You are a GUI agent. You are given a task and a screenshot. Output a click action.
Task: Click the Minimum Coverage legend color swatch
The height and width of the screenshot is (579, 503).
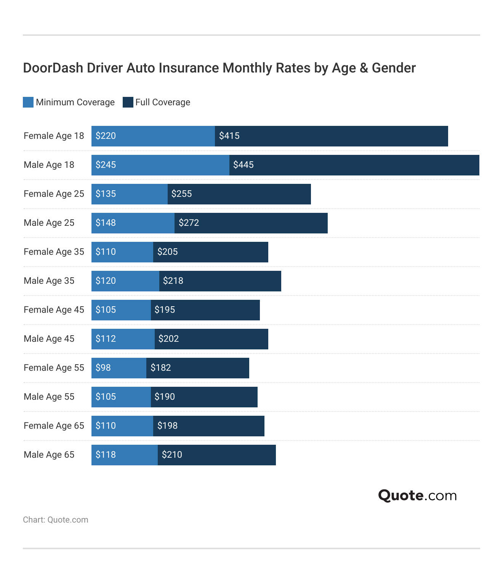(x=28, y=102)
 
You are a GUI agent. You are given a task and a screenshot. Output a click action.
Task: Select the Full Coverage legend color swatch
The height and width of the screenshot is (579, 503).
(x=128, y=102)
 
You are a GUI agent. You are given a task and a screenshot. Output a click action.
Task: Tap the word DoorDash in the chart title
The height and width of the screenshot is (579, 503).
(x=53, y=68)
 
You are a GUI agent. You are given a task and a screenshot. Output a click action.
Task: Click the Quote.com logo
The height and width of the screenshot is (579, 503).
(x=417, y=495)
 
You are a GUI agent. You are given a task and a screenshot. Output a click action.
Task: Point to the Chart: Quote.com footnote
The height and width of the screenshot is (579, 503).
(x=56, y=520)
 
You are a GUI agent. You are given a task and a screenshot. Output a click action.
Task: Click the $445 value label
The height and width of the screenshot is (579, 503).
(x=243, y=165)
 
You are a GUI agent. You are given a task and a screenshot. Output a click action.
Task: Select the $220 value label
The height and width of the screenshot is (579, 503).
(x=106, y=136)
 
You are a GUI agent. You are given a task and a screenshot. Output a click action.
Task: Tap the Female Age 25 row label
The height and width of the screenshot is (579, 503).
(x=54, y=194)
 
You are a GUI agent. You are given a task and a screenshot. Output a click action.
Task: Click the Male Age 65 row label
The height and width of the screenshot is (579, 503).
(x=49, y=455)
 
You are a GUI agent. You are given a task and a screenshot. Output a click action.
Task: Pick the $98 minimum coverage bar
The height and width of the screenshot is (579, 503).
(x=119, y=368)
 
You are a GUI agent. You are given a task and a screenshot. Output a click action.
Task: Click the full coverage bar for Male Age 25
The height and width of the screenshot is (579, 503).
(x=251, y=223)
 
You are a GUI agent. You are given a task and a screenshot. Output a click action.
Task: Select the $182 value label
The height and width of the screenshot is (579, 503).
(x=161, y=368)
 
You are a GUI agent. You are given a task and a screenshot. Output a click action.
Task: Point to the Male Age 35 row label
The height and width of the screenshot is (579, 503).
(x=49, y=281)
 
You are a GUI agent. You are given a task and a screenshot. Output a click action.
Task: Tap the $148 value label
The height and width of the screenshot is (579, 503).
(x=106, y=223)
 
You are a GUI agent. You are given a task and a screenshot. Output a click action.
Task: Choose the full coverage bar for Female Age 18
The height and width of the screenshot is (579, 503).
(x=332, y=136)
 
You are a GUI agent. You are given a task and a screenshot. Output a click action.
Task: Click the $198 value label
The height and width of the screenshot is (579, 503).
(x=168, y=426)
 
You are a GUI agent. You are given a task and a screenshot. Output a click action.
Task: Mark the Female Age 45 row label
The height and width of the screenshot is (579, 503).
(x=54, y=310)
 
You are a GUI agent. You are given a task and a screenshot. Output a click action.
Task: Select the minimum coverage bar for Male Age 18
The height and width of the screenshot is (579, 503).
(x=160, y=165)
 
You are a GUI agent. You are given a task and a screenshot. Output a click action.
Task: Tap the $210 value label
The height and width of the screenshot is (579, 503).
(x=172, y=455)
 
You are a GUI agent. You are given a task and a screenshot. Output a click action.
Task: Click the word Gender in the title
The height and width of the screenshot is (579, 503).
(x=394, y=68)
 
